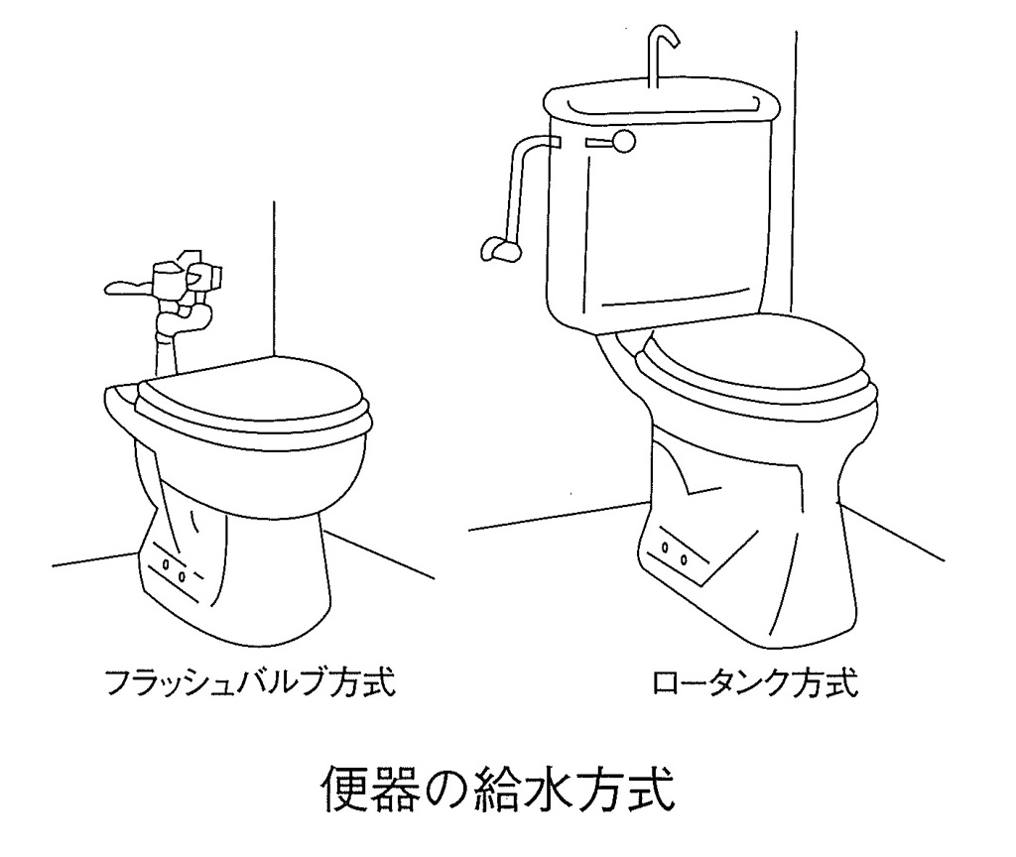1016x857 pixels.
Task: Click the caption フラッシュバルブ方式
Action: point(249,681)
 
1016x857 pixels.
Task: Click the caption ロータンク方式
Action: point(755,681)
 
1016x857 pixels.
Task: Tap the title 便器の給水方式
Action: point(499,789)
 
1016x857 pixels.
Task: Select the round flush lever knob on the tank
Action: point(625,141)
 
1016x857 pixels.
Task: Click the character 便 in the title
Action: point(344,789)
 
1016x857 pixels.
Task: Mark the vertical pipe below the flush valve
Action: point(166,346)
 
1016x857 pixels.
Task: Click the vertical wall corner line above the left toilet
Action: point(274,279)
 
